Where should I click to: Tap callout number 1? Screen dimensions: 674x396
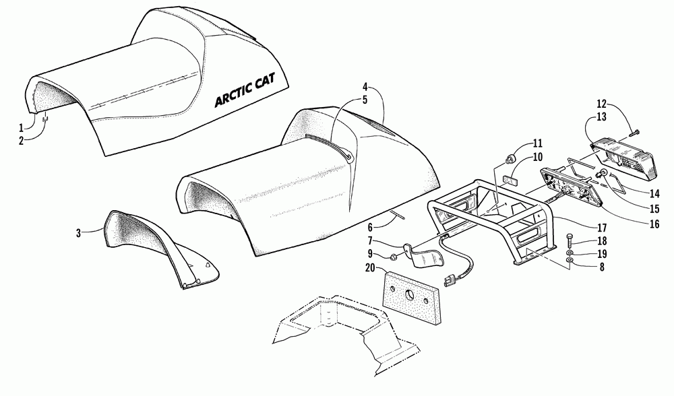click(x=21, y=127)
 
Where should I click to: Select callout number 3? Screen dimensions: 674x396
click(x=78, y=233)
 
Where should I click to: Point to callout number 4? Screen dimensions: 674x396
click(x=365, y=87)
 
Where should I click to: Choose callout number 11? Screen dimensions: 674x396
click(x=537, y=143)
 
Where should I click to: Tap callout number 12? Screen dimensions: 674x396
click(x=601, y=104)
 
